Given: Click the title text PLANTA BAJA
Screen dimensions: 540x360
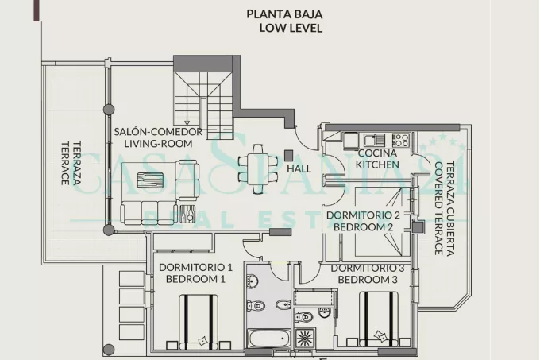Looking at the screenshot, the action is (x=284, y=14).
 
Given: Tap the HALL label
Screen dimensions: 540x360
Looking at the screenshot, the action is (x=299, y=168).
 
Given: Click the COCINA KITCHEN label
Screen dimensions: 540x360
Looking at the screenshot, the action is (x=377, y=159).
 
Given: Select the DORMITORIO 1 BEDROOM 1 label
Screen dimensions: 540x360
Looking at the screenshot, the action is (x=195, y=273).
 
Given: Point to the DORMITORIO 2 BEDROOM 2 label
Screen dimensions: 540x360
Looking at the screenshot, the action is (x=364, y=221).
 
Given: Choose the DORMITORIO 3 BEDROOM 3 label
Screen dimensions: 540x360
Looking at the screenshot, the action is (x=368, y=274).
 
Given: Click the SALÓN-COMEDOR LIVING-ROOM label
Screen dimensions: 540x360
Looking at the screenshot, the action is (x=158, y=137).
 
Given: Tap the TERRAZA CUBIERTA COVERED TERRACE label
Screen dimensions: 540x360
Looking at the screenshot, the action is (x=444, y=209).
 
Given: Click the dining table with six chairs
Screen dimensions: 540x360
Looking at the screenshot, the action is (x=258, y=169).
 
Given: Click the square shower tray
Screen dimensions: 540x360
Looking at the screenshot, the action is (x=304, y=337).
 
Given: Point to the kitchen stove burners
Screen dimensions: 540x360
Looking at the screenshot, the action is (x=400, y=141).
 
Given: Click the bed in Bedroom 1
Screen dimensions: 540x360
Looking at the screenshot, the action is (x=199, y=322).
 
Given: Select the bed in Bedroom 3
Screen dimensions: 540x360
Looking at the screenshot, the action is (x=379, y=319).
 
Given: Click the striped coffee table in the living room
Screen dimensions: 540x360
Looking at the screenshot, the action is (x=150, y=180).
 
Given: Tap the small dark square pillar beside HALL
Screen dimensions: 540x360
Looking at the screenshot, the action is (x=288, y=155).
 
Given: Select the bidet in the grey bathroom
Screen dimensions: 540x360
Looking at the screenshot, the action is (x=283, y=304).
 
